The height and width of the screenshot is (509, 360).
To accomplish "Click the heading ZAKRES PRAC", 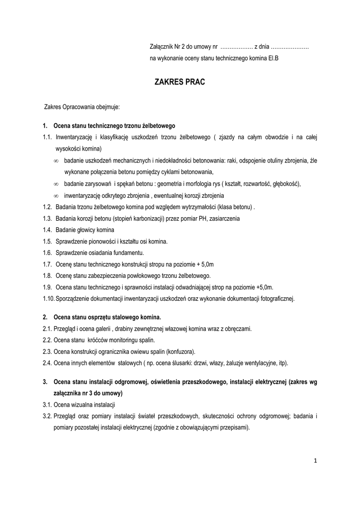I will click(180, 82).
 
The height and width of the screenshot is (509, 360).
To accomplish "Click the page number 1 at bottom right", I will click(315, 461).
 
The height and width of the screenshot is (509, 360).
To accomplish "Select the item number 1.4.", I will click(48, 230).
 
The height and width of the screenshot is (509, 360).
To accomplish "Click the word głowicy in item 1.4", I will click(87, 230).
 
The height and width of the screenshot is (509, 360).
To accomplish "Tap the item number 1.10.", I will click(49, 299).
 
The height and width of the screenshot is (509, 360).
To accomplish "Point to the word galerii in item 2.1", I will click(100, 329).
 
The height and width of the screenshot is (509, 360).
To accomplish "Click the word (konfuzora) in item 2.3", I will click(180, 351).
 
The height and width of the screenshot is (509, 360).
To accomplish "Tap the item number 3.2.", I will click(48, 416).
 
